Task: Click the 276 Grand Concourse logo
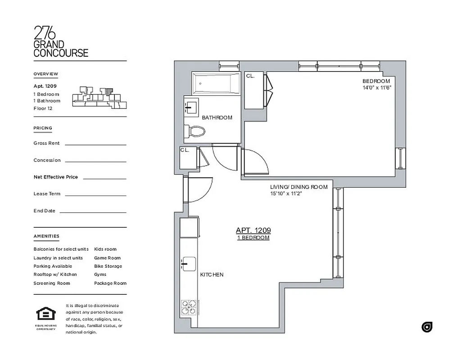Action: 61,41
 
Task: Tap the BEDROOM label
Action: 376,81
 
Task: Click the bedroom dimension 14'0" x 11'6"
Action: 377,88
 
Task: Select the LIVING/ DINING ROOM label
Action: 299,187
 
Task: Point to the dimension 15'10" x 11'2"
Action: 286,194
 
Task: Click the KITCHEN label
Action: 212,274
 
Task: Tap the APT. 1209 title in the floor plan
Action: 253,230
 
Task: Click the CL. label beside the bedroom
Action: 250,76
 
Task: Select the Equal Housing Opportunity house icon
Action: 45,313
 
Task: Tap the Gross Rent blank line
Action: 95,144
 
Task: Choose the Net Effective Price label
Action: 55,177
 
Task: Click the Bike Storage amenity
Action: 108,266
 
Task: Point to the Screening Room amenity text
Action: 52,283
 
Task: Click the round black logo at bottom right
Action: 427,327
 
